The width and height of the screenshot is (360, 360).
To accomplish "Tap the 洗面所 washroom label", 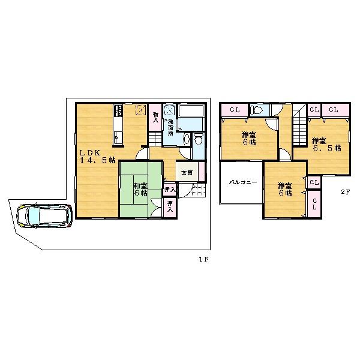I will point(172,124).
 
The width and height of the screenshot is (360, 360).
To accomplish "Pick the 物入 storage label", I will point(156,116).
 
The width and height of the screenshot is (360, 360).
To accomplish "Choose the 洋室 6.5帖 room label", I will point(326,143).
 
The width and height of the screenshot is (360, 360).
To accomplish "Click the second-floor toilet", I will point(258,110).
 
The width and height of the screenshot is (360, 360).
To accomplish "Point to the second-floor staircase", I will point(300,129).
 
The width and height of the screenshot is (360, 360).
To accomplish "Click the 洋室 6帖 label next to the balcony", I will point(284,190).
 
